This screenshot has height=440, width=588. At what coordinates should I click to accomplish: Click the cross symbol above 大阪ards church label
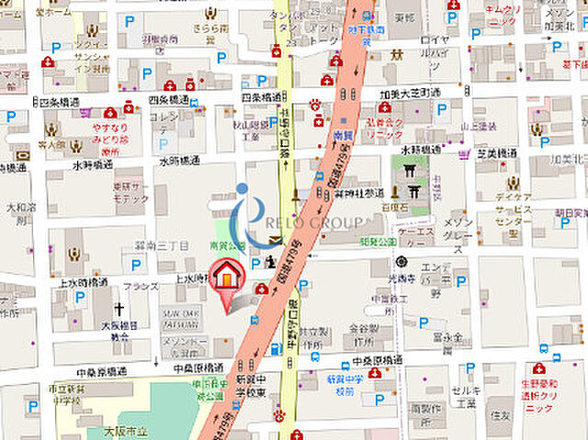tap(119, 309)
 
